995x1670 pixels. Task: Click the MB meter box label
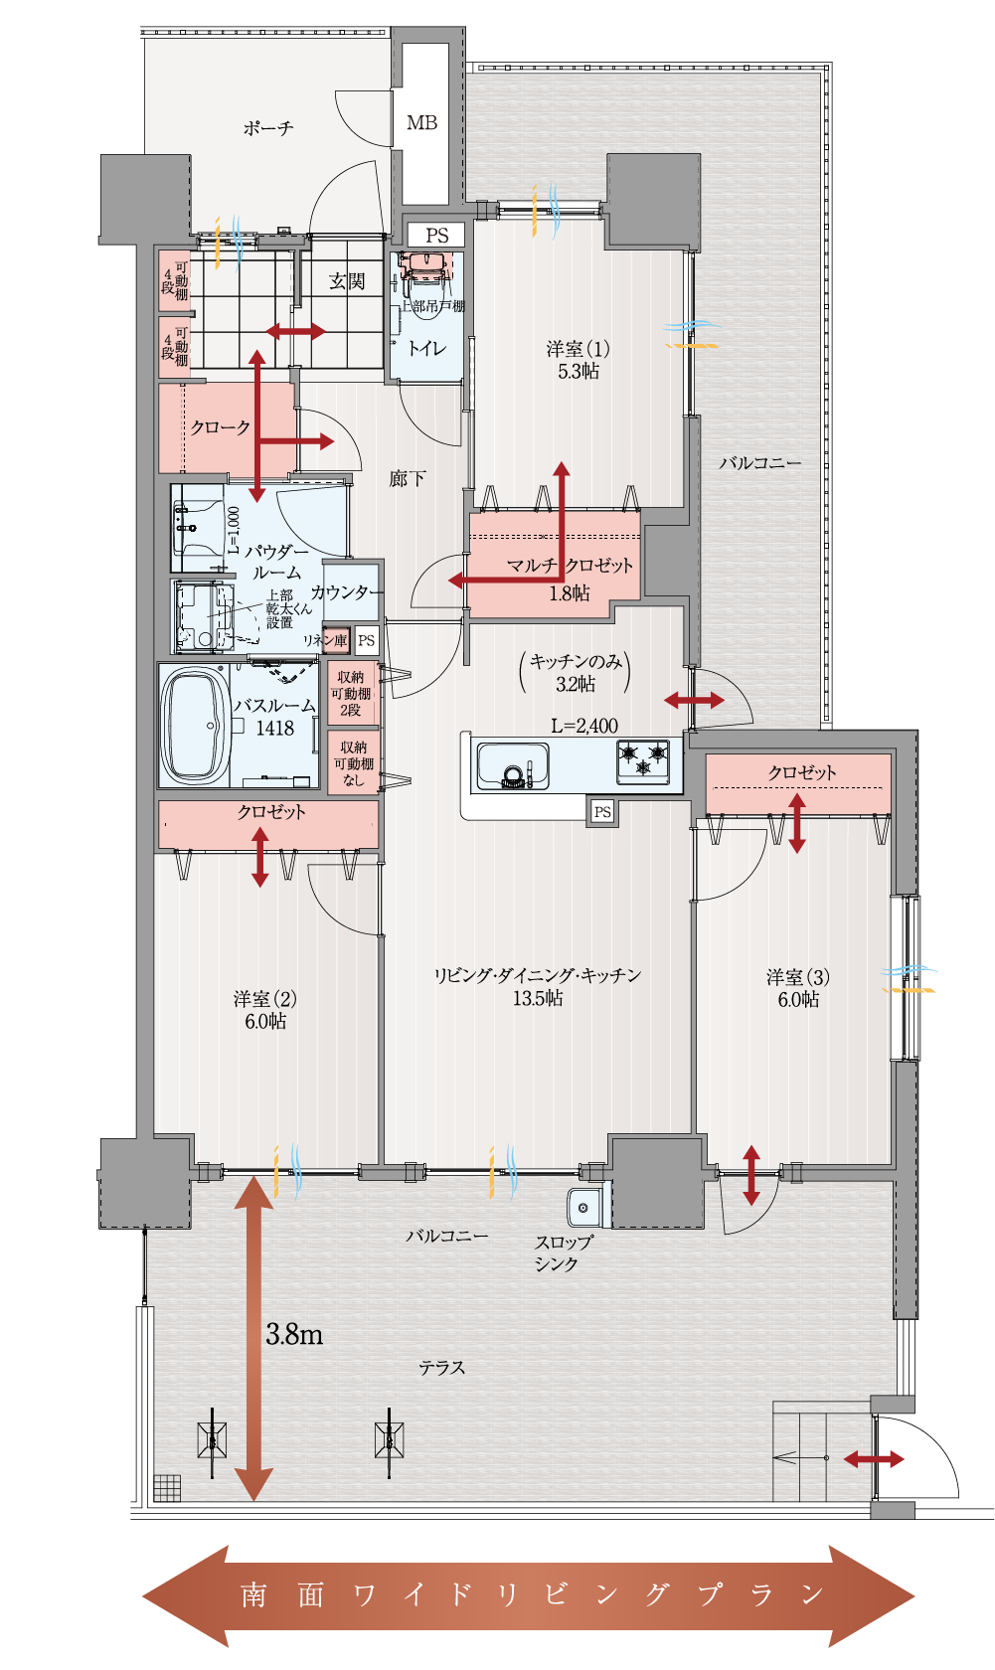pyautogui.click(x=421, y=123)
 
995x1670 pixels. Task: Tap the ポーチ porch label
pyautogui.click(x=268, y=128)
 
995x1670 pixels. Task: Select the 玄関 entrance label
pyautogui.click(x=347, y=281)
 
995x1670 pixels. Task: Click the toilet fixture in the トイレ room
pyautogui.click(x=425, y=266)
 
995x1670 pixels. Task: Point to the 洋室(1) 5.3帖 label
pyautogui.click(x=579, y=360)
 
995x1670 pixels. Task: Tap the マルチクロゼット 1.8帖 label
pyautogui.click(x=570, y=579)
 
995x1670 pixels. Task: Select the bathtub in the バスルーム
pyautogui.click(x=195, y=726)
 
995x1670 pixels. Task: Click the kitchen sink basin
pyautogui.click(x=513, y=765)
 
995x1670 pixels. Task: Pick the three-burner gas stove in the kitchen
pyautogui.click(x=643, y=761)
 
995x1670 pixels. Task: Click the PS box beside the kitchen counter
pyautogui.click(x=602, y=811)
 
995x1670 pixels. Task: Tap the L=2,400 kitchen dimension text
pyautogui.click(x=584, y=726)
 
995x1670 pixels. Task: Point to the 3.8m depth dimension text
pyautogui.click(x=294, y=1334)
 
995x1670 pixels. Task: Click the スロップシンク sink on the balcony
pyautogui.click(x=584, y=1207)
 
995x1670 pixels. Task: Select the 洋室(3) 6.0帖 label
pyautogui.click(x=798, y=988)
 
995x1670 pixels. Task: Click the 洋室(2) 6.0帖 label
pyautogui.click(x=265, y=1010)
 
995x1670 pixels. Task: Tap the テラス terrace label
pyautogui.click(x=442, y=1368)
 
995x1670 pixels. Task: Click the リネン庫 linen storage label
pyautogui.click(x=325, y=640)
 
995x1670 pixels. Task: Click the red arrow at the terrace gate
pyautogui.click(x=874, y=1459)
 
